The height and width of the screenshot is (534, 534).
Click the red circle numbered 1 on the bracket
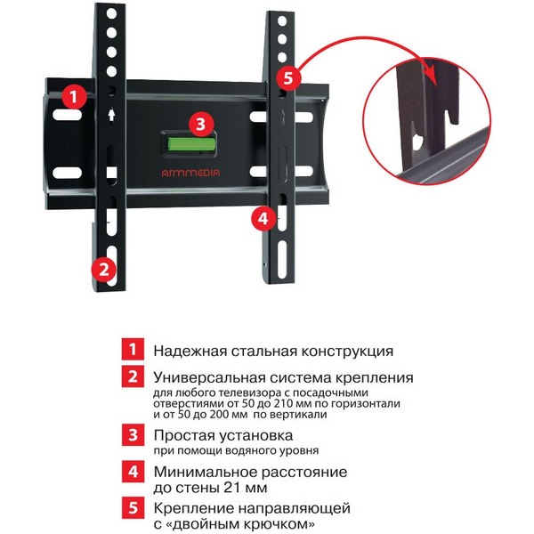76,93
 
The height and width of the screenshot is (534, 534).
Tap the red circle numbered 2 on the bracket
104,267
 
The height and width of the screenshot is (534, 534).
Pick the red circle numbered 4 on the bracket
261,216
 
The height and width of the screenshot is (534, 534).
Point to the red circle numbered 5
284,77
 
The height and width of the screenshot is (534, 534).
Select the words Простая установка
222,436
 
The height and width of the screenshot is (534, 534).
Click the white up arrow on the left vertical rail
109,115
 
